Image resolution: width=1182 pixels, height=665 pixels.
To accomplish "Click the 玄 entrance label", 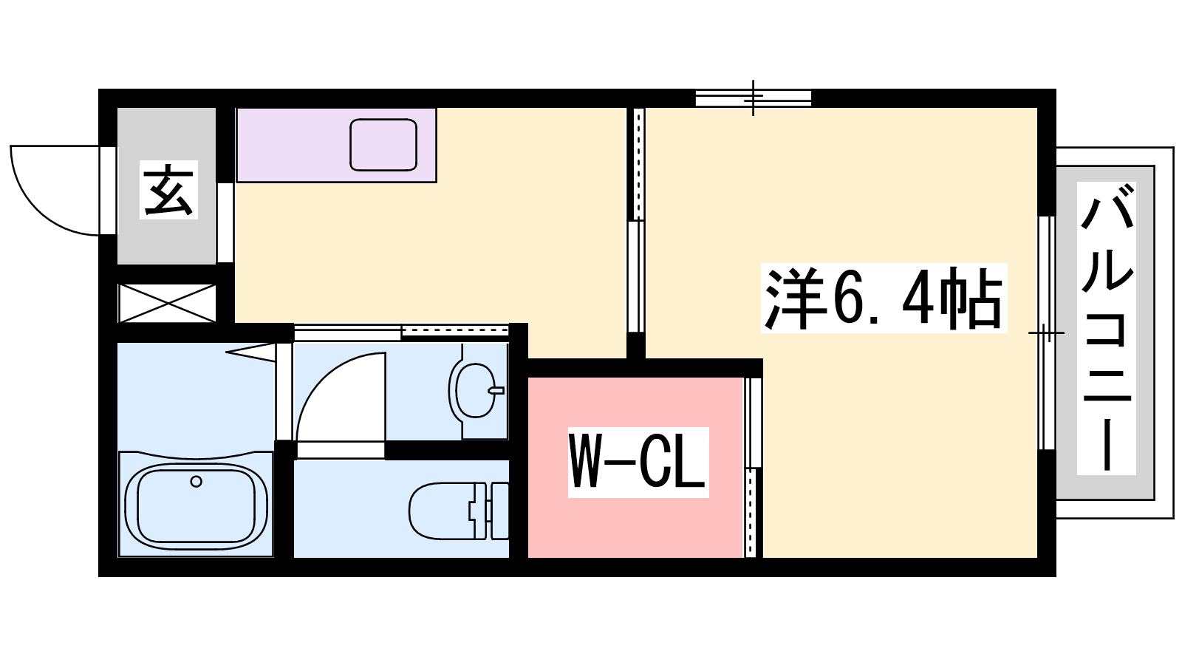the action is tap(168, 190).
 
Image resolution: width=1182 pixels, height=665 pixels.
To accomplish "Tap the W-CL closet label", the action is tap(638, 462).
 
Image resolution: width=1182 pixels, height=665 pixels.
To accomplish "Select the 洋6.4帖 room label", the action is tap(884, 298).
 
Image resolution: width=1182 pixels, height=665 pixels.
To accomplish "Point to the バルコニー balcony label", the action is tap(1107, 328).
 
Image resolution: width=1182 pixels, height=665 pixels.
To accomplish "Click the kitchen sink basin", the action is tap(383, 145).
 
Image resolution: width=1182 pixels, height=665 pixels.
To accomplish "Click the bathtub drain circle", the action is tap(197, 481).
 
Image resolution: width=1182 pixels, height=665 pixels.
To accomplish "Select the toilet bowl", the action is tap(446, 511).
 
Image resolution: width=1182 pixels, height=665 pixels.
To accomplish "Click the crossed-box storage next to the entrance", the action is tap(167, 303).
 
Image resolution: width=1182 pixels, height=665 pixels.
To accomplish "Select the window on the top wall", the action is tap(753, 98).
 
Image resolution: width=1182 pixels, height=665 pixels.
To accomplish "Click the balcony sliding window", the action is tap(1047, 332).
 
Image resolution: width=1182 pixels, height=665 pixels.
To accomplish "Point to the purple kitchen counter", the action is tap(336, 145).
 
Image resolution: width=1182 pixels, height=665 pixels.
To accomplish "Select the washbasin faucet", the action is tap(496, 391).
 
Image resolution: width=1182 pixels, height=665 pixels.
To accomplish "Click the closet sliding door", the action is tap(754, 467).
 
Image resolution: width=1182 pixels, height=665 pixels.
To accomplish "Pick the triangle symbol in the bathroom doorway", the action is tap(252, 352).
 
